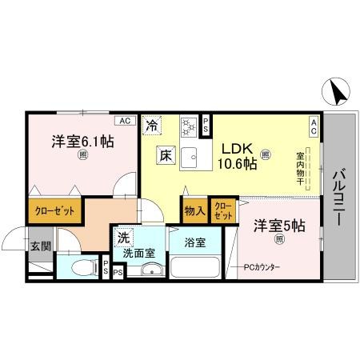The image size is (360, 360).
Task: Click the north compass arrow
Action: pyautogui.click(x=337, y=94)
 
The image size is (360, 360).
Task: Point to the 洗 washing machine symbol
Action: pyautogui.click(x=124, y=237)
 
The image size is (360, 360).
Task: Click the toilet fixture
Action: pyautogui.click(x=80, y=268)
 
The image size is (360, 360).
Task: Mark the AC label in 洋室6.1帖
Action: pyautogui.click(x=124, y=121)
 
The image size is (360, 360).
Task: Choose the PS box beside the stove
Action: pyautogui.click(x=206, y=123)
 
